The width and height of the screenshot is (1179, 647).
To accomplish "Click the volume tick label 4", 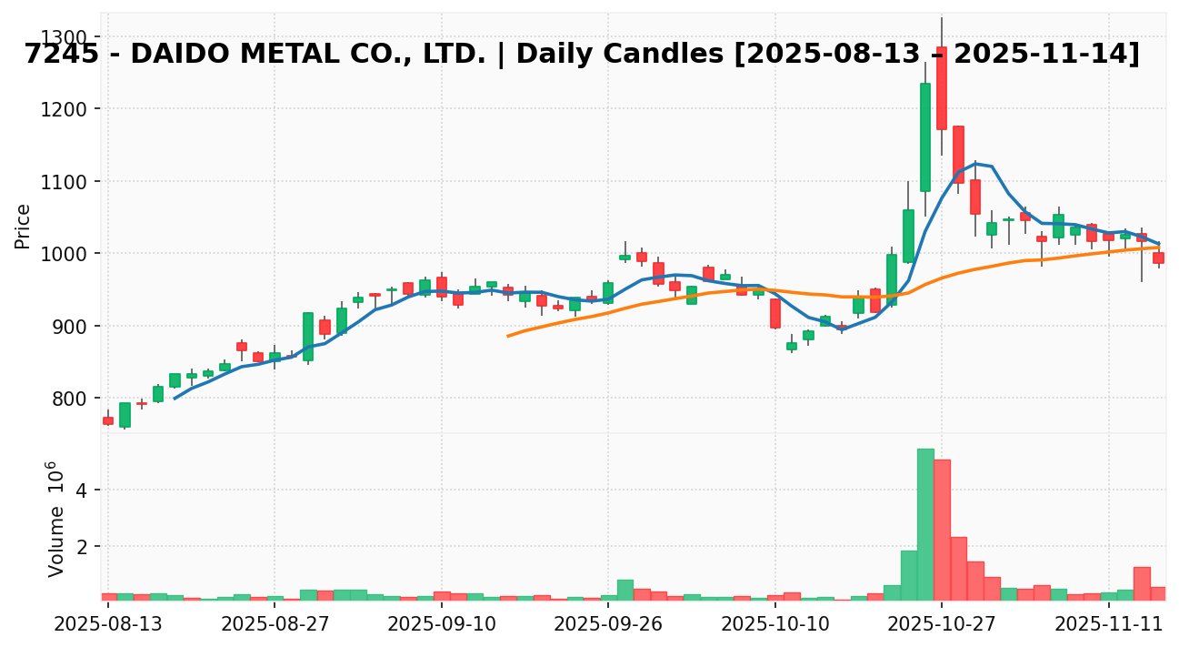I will pyautogui.click(x=81, y=490).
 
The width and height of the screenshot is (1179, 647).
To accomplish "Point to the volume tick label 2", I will pyautogui.click(x=81, y=547).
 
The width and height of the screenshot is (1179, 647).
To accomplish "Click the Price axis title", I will pyautogui.click(x=23, y=226).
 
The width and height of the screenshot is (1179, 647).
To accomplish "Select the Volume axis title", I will pyautogui.click(x=56, y=519).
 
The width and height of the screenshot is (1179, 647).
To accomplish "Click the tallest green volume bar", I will pyautogui.click(x=925, y=524).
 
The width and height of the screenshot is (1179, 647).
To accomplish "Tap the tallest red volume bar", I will pyautogui.click(x=942, y=530).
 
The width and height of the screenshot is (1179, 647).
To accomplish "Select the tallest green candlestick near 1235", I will pyautogui.click(x=925, y=136).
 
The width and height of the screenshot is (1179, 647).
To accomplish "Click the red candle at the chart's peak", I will pyautogui.click(x=942, y=88).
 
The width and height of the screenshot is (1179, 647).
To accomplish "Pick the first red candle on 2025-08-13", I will pyautogui.click(x=108, y=420).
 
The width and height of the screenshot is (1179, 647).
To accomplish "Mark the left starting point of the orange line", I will pyautogui.click(x=508, y=336).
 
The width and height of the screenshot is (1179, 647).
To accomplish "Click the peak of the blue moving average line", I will pyautogui.click(x=975, y=163).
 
